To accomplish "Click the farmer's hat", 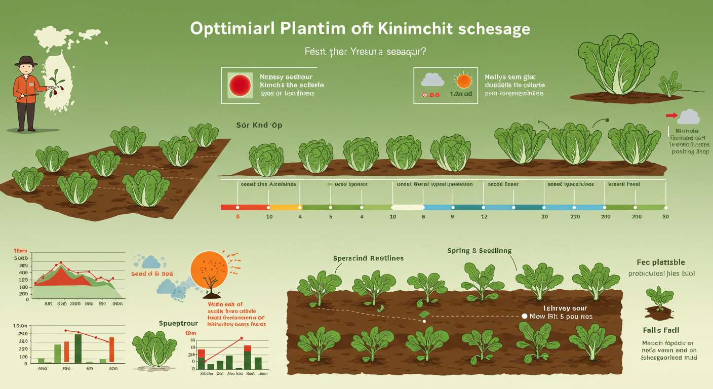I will tap(25, 61).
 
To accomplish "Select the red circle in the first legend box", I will tap(240, 85).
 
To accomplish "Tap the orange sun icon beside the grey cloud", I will tap(463, 81).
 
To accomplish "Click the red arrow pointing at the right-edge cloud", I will tap(671, 116).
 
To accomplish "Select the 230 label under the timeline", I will tap(575, 217).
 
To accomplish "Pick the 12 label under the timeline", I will tap(484, 217).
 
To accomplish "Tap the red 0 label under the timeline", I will tap(237, 217).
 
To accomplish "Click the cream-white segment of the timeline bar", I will tap(408, 207).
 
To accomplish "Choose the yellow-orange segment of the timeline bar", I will tap(286, 207).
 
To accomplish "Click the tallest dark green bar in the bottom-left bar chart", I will tap(78, 348).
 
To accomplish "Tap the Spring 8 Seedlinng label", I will tap(479, 250).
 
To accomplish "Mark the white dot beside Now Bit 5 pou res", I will tap(525, 316).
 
